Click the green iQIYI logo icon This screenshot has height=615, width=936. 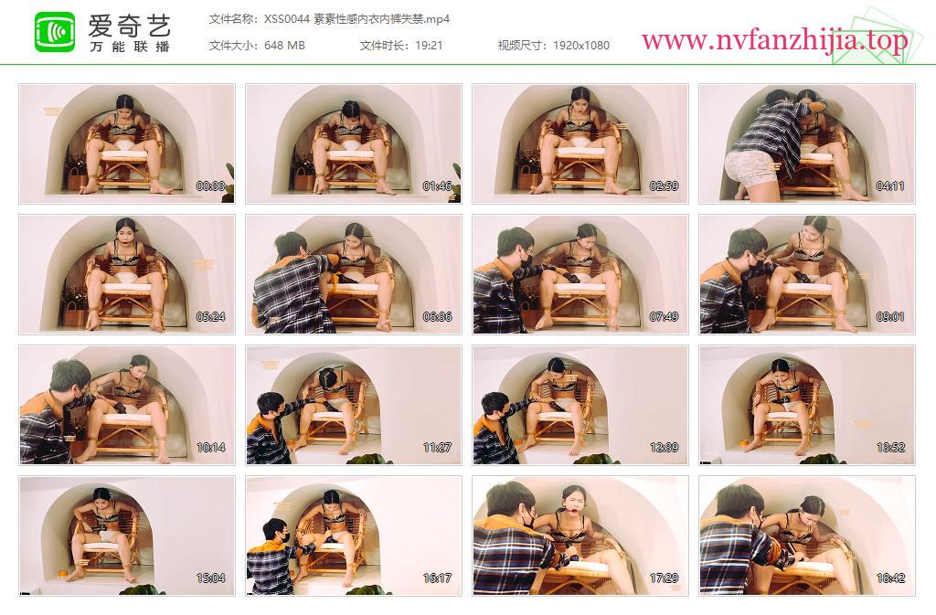coord(55,32)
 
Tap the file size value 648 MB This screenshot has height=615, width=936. coord(284,46)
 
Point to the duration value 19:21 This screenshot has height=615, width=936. coord(429,46)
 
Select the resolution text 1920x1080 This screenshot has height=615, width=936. coord(580,46)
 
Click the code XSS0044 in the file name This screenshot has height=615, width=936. coord(286,19)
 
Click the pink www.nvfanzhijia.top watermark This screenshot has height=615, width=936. coord(774,40)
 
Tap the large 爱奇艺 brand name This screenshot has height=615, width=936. coord(130,25)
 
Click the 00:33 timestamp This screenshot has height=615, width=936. coord(211,186)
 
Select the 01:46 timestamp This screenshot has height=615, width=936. coord(437,186)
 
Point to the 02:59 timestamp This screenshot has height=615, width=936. coord(664,186)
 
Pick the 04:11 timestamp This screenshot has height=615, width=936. coord(890,186)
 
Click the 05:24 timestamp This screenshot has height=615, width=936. coord(211,317)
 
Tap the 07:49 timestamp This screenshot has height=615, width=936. coord(664,317)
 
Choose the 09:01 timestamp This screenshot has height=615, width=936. coord(890,317)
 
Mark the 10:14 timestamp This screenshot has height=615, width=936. coord(211,448)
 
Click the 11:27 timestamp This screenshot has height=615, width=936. coord(437,448)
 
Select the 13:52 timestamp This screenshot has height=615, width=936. coord(890,448)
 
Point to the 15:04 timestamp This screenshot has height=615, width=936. coord(211,578)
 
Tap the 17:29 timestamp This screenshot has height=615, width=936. coord(664,578)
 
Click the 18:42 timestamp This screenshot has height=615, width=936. coord(890,578)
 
